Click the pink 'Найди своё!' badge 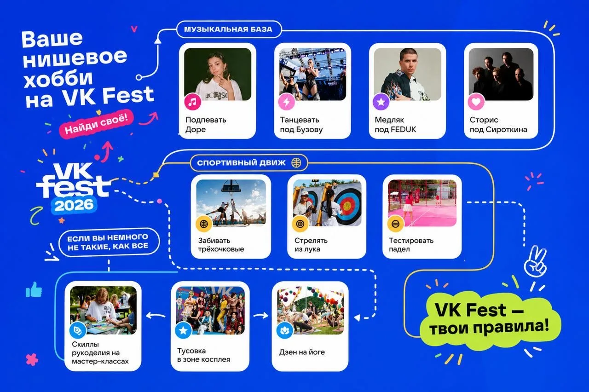(96, 124)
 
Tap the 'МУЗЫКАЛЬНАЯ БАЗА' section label (228, 29)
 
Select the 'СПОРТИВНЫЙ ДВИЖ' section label (249, 163)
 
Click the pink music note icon (193, 102)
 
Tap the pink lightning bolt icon (287, 102)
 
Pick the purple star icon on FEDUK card (381, 102)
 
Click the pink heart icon (476, 102)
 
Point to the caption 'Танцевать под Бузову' (301, 125)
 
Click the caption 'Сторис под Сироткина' (498, 125)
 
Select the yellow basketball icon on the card (204, 224)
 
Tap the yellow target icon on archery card (300, 224)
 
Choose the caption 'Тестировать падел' (411, 244)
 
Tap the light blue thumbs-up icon (34, 289)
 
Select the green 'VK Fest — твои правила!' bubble (490, 319)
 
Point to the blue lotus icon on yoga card (285, 330)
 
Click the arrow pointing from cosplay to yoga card (260, 315)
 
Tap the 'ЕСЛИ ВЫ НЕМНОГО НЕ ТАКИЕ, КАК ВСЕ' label (109, 242)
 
